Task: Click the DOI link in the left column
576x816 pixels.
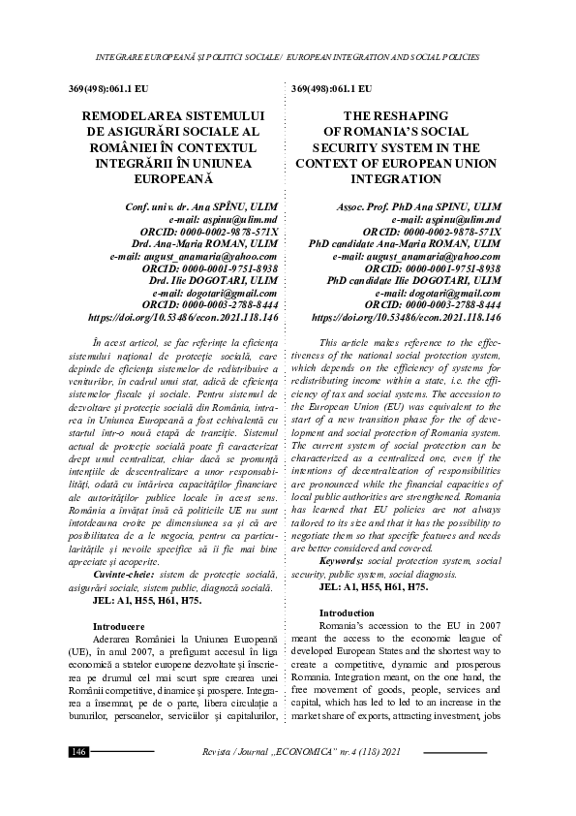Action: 183,317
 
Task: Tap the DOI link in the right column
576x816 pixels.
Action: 407,317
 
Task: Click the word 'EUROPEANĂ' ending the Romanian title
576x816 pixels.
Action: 182,180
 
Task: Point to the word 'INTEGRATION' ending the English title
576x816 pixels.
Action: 407,180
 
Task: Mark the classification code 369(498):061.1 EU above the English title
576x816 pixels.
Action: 331,88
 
